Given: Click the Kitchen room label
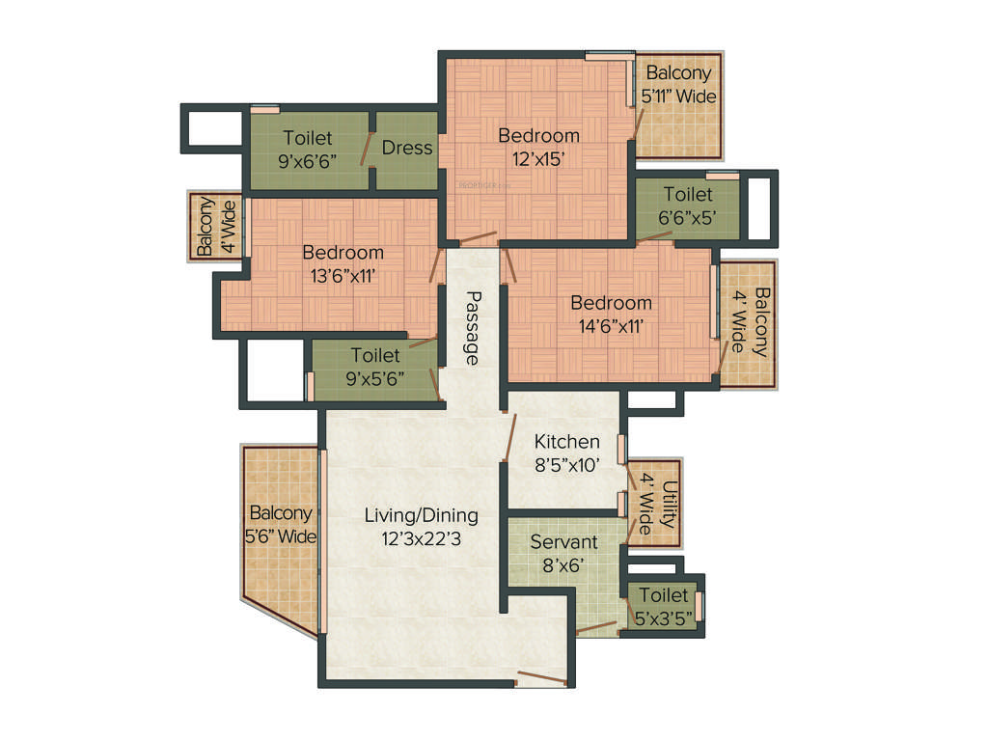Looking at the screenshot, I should (567, 441).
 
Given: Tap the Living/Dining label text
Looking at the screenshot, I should (421, 515).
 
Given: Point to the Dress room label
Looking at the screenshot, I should (406, 149).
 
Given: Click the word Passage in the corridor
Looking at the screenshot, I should (472, 328).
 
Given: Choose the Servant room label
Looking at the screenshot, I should (563, 542).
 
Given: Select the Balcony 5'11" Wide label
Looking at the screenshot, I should (678, 84).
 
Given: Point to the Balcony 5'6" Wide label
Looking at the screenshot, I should (282, 525).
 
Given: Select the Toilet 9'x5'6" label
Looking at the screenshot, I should (375, 367).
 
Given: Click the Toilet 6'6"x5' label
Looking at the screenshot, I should (688, 206).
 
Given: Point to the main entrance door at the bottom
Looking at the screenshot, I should (541, 678).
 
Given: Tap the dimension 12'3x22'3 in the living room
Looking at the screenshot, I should (421, 539).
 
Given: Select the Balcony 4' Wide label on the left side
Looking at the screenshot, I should (214, 227).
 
